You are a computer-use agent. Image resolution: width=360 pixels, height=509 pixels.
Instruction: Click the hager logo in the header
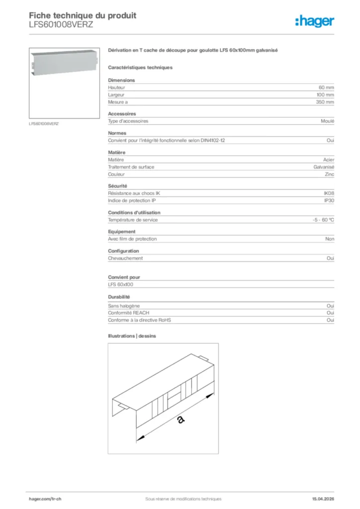tap(315, 21)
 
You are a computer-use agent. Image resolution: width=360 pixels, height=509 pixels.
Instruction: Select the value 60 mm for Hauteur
tap(326, 87)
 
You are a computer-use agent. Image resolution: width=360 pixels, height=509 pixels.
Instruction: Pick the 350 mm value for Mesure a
tap(325, 102)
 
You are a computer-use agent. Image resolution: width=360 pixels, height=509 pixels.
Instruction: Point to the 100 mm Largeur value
tap(325, 94)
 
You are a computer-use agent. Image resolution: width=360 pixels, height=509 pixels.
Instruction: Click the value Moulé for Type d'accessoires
tap(328, 121)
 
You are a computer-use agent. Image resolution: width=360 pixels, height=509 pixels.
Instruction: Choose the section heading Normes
tap(117, 133)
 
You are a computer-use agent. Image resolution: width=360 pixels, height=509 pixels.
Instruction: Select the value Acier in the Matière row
tap(328, 160)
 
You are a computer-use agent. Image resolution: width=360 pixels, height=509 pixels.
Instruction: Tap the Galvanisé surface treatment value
tap(324, 167)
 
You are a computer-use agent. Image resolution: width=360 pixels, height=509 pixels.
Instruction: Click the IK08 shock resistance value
tap(329, 193)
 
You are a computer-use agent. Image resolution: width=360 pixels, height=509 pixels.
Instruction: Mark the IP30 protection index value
tap(329, 200)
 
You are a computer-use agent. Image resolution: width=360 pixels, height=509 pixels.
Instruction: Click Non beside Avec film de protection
tap(330, 239)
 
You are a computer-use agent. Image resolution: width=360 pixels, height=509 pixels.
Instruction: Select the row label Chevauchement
tap(125, 258)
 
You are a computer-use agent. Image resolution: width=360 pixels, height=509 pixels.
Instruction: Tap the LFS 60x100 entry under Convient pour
tap(120, 285)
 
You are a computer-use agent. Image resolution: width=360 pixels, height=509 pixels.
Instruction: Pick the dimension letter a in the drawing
tap(180, 421)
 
